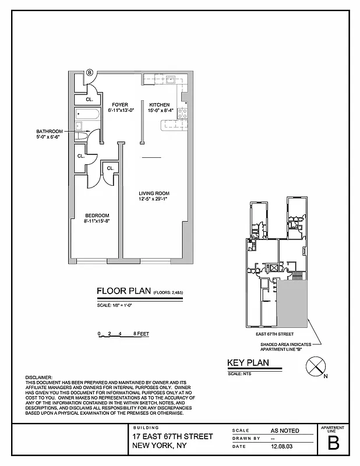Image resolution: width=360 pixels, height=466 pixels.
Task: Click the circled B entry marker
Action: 90,73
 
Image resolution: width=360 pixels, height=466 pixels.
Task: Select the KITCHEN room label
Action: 159,105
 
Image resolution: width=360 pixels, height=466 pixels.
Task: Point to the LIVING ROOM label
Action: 154,193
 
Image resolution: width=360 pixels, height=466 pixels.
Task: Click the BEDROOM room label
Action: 97,216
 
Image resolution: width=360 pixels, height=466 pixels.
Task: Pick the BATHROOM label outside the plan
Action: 50,132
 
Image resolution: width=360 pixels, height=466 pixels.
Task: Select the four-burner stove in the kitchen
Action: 182,113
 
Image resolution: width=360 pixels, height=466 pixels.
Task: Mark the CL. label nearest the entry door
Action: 89,100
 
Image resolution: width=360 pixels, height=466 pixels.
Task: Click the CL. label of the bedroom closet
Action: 110,169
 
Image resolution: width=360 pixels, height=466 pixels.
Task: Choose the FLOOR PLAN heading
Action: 123,291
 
